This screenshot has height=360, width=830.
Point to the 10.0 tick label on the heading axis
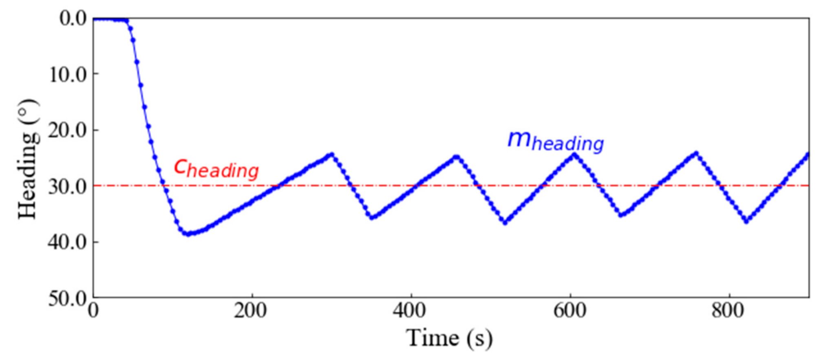point(68,75)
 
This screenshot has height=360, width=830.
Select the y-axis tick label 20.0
point(68,131)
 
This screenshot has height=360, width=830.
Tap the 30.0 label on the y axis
point(68,187)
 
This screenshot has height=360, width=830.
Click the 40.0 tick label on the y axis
point(68,243)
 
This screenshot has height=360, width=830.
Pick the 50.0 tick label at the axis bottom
point(68,299)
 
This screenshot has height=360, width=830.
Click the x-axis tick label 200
point(251,311)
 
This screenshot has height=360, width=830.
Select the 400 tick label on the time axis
point(410,311)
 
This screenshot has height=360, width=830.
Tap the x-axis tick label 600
point(570,311)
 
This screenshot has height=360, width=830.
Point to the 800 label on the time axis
point(728,311)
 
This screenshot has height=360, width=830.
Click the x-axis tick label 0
point(94,311)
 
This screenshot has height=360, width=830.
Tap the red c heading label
point(216,168)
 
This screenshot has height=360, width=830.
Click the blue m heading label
point(556,141)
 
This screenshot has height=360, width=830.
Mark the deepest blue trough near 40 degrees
point(188,234)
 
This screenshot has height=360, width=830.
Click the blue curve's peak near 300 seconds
point(332,155)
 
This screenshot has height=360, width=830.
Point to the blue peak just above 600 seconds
point(574,155)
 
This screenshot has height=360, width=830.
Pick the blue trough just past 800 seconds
point(746,221)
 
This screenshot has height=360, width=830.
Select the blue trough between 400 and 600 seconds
point(505,223)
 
